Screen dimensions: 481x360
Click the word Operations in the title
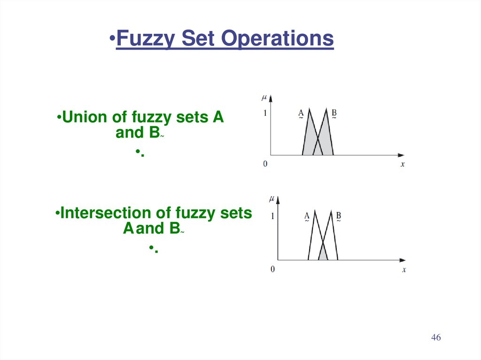point(278,38)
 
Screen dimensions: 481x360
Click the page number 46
point(436,338)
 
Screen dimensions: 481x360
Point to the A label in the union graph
point(301,113)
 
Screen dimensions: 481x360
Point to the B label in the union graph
point(334,113)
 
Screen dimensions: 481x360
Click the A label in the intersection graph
point(307,216)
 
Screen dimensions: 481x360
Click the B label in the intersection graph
point(338,216)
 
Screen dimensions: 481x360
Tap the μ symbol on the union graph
point(264,97)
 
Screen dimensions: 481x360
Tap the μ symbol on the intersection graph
point(272,199)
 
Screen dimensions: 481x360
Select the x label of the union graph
point(403,164)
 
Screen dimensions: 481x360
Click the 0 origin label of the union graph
point(265,164)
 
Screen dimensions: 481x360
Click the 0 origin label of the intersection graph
point(272,269)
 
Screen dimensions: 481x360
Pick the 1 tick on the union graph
point(265,113)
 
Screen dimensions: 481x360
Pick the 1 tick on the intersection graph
point(272,217)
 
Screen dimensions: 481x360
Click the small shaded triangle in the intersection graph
point(323,255)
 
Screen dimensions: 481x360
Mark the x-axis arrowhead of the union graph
point(401,155)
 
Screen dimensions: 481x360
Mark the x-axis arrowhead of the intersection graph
point(402,260)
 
